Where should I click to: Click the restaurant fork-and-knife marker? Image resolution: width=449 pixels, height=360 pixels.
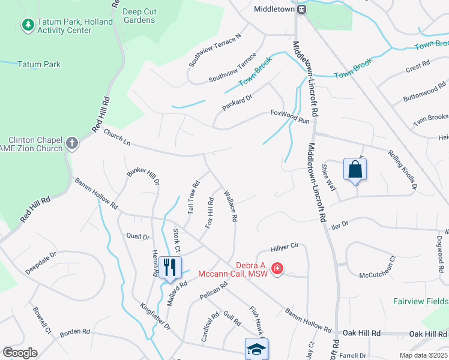[170, 267]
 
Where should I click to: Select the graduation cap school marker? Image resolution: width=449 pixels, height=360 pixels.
[256, 349]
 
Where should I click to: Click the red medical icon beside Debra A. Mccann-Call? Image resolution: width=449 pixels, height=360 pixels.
[277, 268]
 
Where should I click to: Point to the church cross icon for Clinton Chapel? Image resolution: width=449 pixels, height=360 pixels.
[71, 143]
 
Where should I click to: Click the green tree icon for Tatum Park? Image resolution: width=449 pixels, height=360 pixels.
[27, 25]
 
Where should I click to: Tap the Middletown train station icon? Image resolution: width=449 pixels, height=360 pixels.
[303, 9]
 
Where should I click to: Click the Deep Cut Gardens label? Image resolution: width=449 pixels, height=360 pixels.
[138, 16]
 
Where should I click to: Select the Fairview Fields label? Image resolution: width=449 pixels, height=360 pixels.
[421, 301]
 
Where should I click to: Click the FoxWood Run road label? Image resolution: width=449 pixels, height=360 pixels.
[289, 116]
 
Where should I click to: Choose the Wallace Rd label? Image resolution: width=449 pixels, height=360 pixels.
[231, 205]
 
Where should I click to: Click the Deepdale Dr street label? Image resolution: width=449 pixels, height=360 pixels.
[41, 263]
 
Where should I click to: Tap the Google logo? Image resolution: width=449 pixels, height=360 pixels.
[20, 353]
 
